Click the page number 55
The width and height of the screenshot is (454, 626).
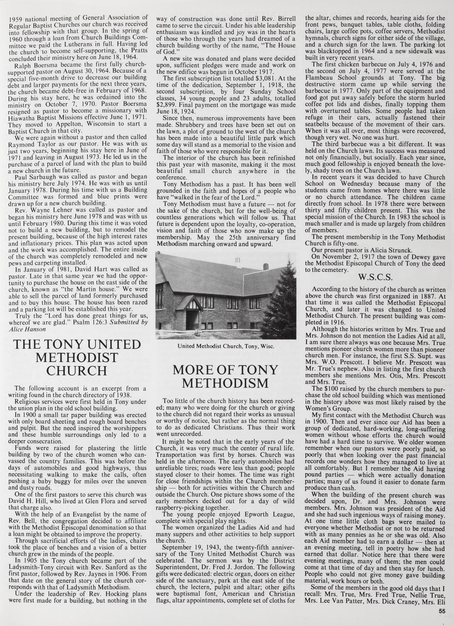[442, 611]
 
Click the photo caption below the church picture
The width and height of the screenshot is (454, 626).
[225, 346]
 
